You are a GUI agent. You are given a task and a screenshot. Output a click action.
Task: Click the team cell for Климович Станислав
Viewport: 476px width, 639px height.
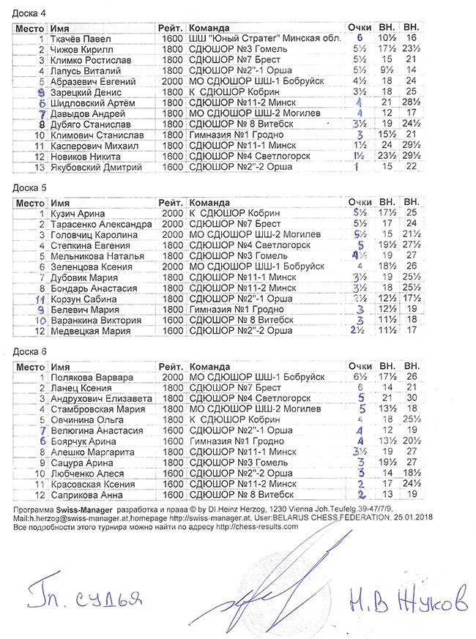tap(229, 135)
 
